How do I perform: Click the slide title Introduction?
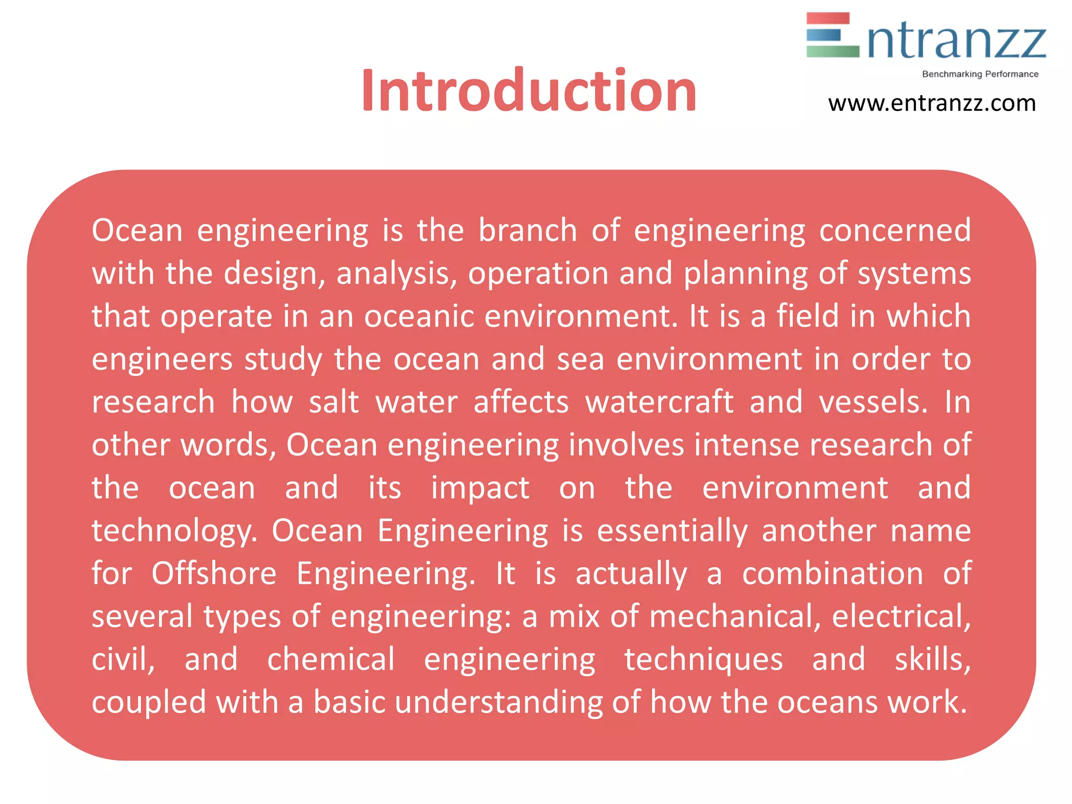tap(529, 91)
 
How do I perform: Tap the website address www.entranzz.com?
tap(932, 103)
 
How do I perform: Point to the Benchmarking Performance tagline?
tap(980, 74)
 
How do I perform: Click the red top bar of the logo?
tap(828, 18)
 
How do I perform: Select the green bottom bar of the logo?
tap(832, 51)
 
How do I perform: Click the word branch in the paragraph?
tap(528, 230)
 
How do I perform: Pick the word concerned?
tap(895, 230)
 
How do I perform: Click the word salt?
tap(333, 402)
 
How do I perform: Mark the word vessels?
tap(873, 402)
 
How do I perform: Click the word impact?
tap(480, 488)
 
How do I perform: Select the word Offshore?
tap(214, 574)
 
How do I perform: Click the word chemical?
tap(331, 660)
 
